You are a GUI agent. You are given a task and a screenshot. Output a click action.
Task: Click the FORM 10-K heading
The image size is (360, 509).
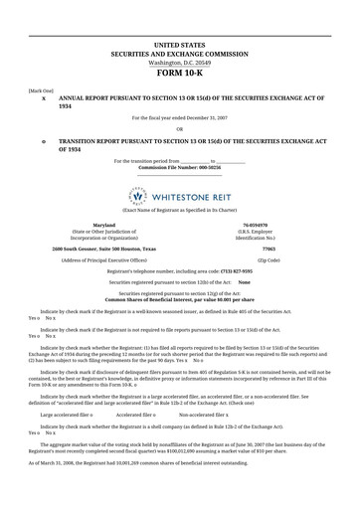180,74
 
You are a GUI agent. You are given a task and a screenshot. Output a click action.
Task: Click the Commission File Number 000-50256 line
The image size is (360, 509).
179,167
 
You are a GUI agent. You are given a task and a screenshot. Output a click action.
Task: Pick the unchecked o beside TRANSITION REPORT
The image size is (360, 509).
44,142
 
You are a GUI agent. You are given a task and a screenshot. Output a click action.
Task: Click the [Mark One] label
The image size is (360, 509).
41,89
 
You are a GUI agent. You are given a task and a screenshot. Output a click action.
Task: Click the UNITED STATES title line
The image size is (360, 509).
180,46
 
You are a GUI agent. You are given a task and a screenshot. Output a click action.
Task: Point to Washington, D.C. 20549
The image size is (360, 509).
180,63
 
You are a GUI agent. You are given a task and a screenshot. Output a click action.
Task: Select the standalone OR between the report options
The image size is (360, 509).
179,128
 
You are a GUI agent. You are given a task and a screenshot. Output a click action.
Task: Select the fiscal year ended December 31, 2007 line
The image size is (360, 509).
179,117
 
